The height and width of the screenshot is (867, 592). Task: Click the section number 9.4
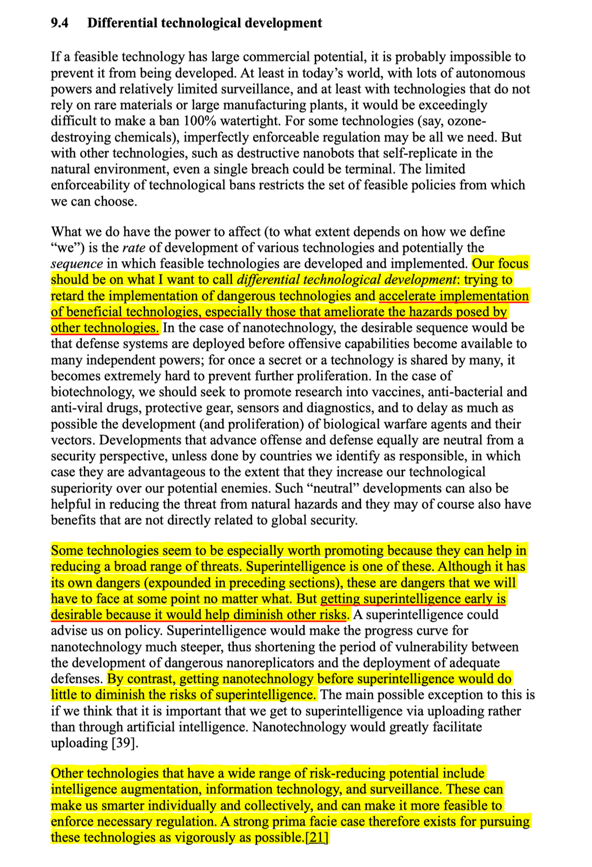coord(60,23)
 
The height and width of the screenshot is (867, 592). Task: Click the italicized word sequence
coord(77,264)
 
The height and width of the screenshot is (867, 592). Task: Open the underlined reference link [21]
coord(317,837)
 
